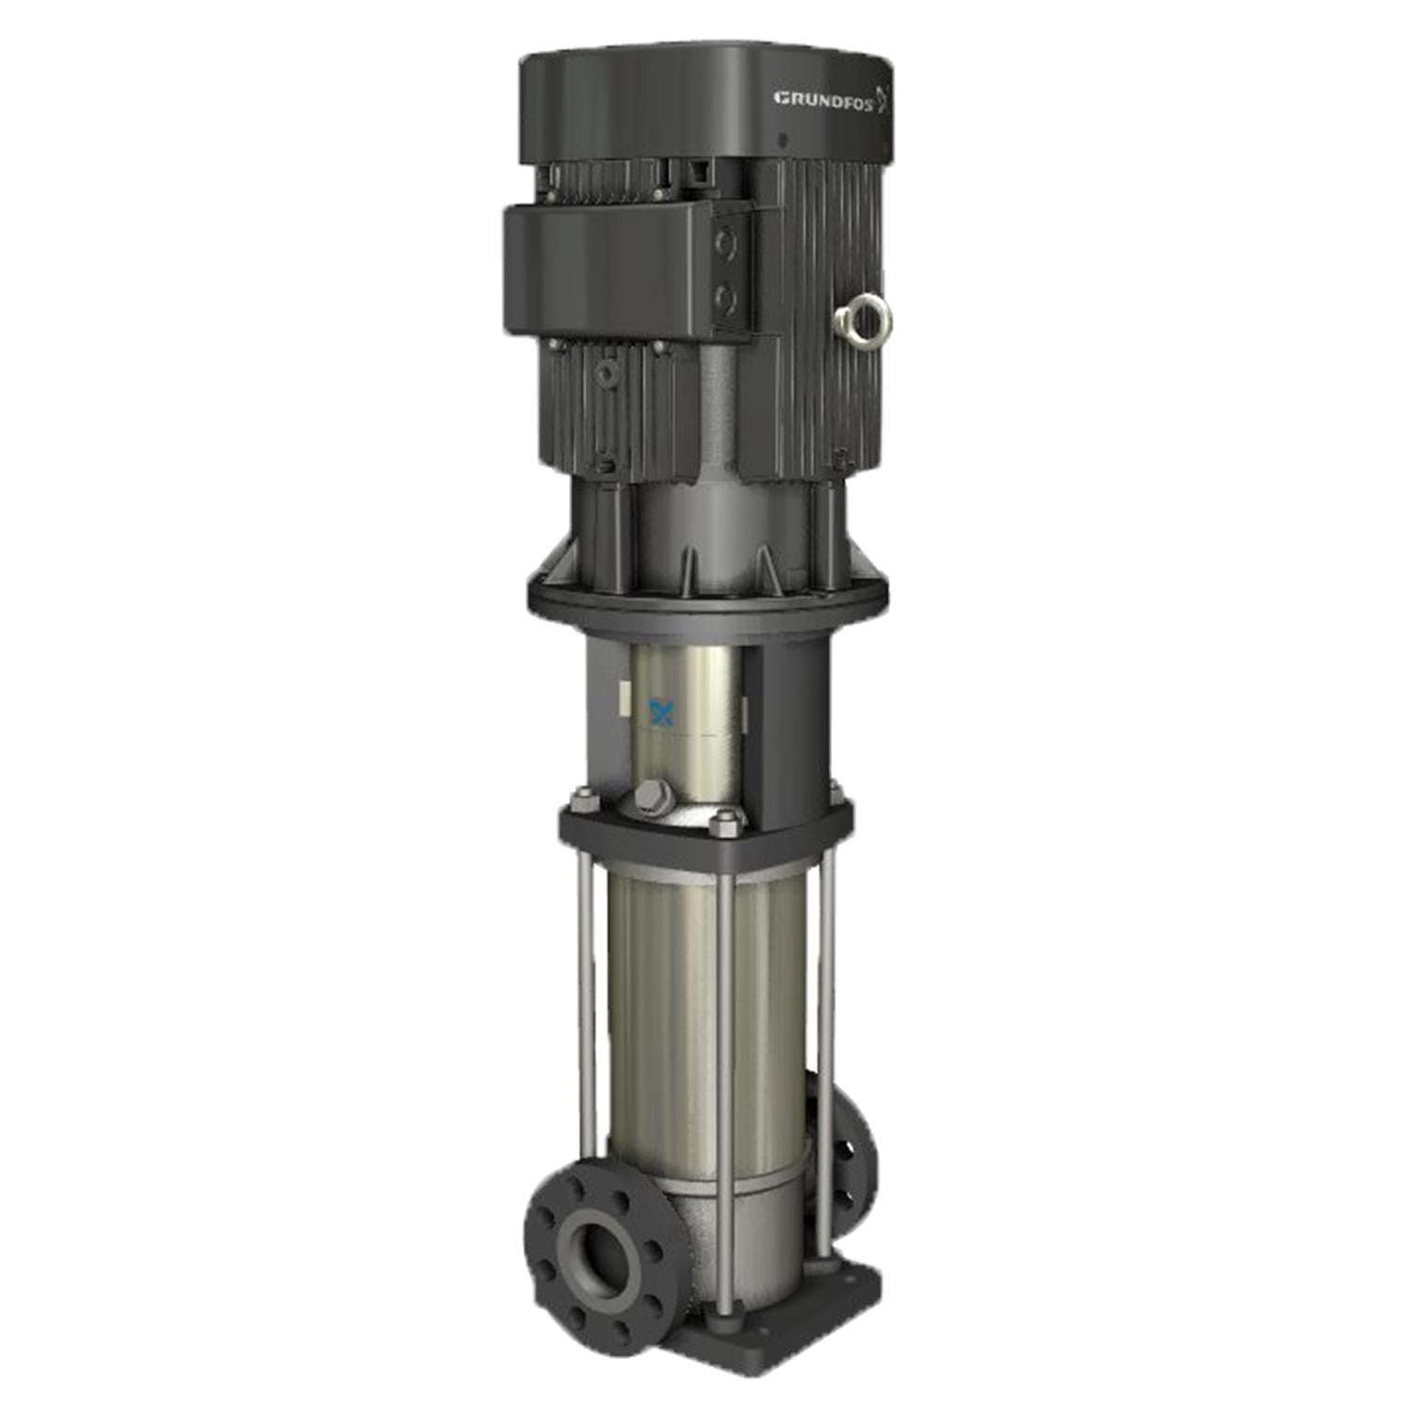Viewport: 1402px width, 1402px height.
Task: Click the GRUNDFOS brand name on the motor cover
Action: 823,98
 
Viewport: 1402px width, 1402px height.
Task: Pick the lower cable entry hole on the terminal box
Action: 725,298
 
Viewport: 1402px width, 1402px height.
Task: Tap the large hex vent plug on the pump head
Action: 651,796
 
